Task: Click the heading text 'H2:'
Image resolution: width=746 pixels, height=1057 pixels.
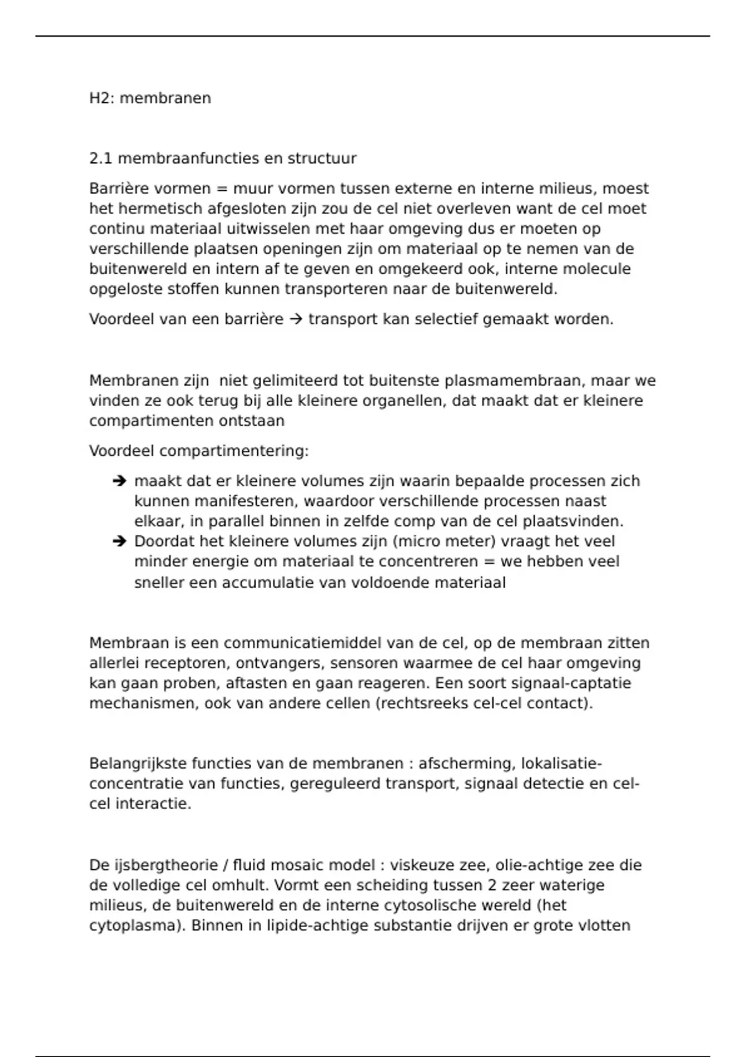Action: (102, 98)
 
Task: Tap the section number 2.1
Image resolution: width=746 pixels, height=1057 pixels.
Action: (101, 159)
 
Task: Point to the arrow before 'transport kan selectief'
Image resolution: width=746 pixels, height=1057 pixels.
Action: (296, 320)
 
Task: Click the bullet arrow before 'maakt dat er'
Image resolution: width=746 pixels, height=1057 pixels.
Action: (119, 481)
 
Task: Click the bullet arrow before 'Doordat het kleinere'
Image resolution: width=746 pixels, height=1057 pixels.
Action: (119, 542)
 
